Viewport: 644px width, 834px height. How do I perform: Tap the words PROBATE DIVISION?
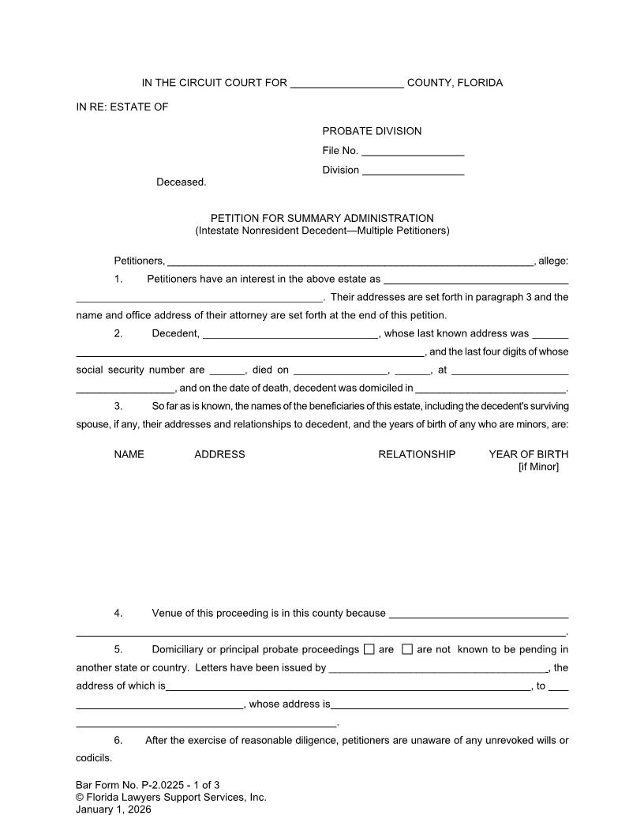pos(372,131)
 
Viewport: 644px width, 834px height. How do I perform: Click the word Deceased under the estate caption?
pos(181,182)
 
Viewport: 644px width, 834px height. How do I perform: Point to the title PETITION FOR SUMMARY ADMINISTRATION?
pos(322,218)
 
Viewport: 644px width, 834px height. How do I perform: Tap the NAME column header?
pos(129,454)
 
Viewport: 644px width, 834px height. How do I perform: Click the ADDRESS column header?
pos(219,454)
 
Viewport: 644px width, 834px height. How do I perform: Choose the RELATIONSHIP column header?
pos(417,454)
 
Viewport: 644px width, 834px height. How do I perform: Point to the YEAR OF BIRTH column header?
pos(528,454)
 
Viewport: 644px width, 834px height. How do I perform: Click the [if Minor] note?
pos(538,467)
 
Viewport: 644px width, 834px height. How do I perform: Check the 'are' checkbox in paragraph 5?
pos(369,650)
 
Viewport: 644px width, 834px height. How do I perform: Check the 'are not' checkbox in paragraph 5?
pos(407,650)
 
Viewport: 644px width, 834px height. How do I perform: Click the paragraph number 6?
pos(118,740)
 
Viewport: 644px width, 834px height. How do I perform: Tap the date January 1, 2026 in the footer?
pos(113,810)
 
